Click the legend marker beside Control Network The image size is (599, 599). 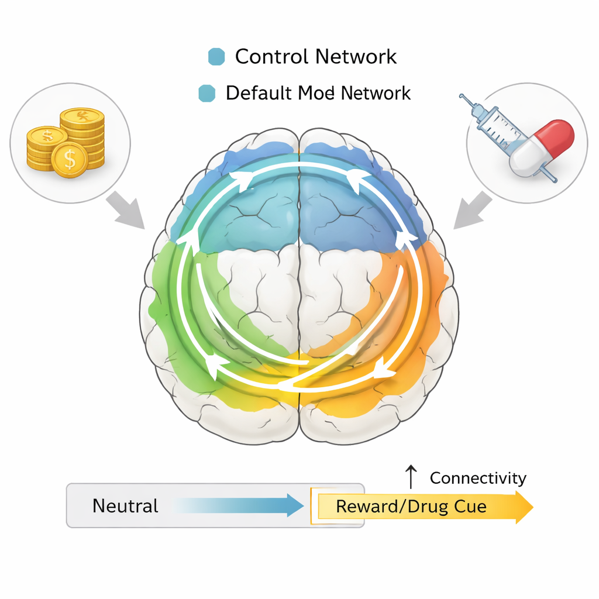point(216,57)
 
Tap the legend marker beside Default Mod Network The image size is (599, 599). point(207,93)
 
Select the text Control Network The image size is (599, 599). point(316,57)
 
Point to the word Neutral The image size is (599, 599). point(125,505)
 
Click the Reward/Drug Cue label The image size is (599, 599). point(411,506)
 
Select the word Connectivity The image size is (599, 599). point(478,478)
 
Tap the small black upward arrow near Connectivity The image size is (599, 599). point(411,477)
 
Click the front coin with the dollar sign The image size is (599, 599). point(70,158)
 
